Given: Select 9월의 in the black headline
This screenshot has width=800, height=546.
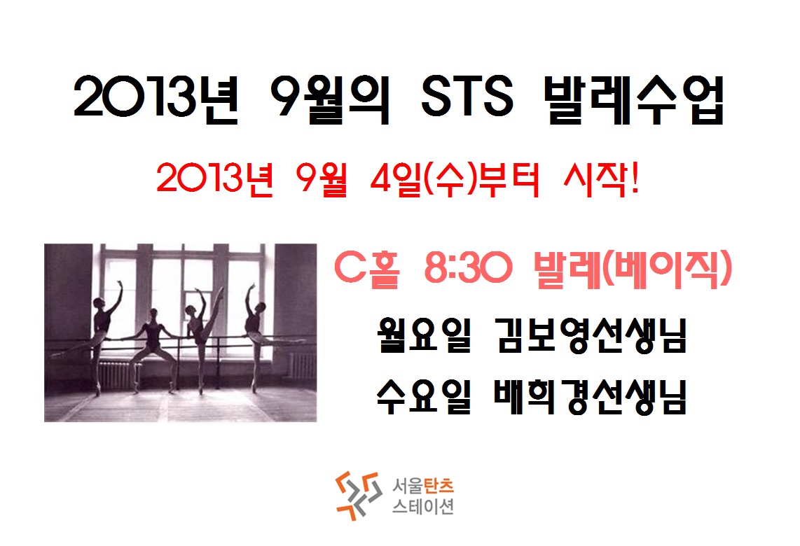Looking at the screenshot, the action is click(x=329, y=99).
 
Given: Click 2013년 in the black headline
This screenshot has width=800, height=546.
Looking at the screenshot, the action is click(x=156, y=99).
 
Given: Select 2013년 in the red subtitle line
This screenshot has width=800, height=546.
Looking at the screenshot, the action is click(x=215, y=179).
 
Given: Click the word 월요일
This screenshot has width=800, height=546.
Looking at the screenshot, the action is click(x=423, y=335).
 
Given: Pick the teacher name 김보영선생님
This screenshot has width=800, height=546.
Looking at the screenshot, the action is click(x=591, y=335).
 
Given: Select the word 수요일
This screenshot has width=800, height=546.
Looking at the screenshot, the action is click(x=423, y=396).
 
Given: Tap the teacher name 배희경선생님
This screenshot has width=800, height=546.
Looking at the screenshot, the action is click(x=591, y=396).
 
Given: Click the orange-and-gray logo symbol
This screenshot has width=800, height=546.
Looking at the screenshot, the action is click(x=358, y=495).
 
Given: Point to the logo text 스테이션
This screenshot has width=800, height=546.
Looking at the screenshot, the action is click(x=422, y=506).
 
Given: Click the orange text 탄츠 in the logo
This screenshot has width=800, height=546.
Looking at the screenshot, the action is click(x=439, y=485).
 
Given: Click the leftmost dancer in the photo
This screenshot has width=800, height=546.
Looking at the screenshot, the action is click(x=100, y=337).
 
